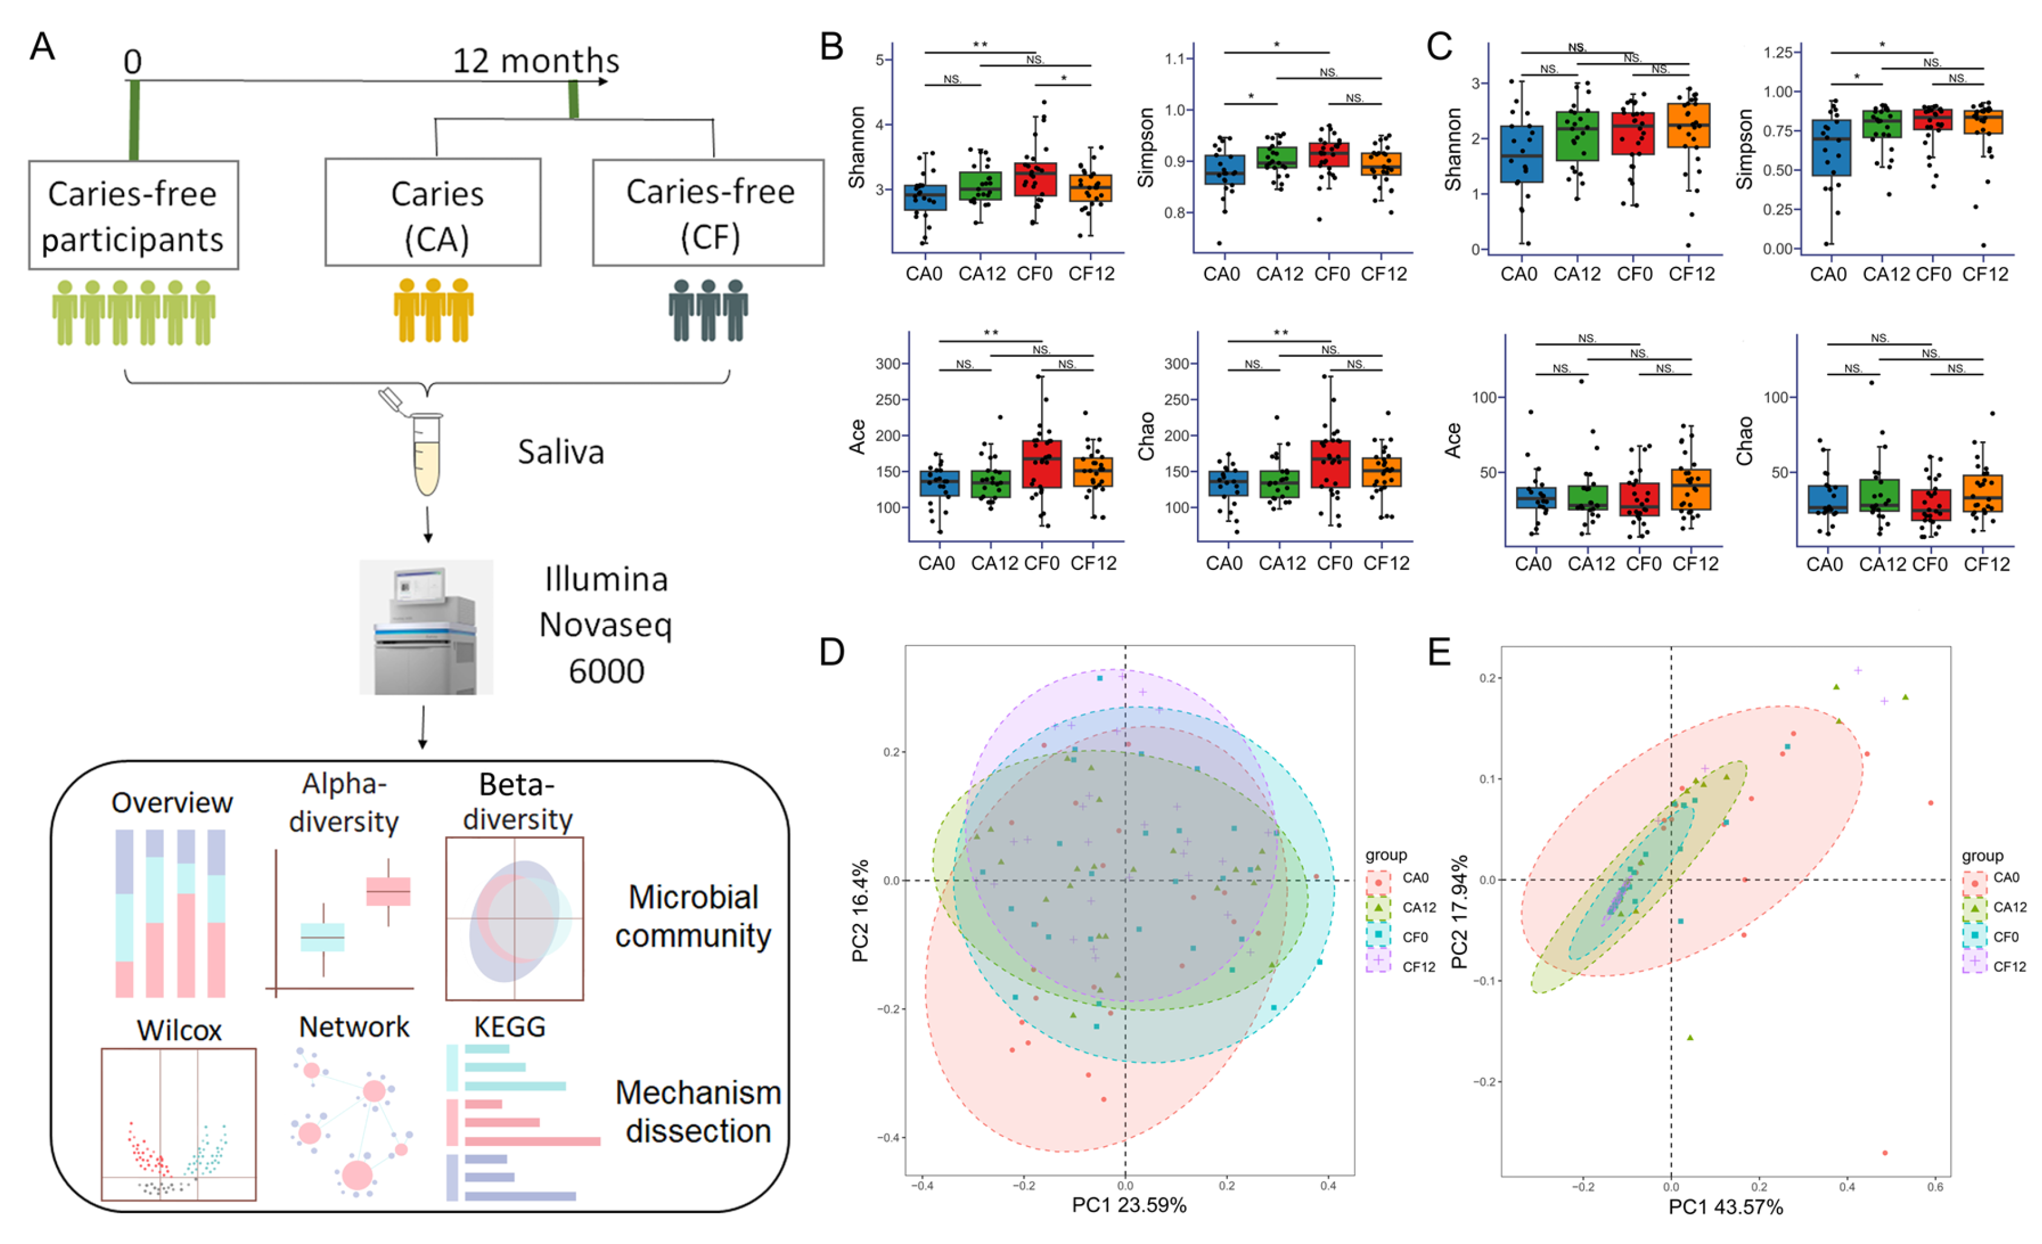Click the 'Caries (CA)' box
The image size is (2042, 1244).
[x=433, y=213]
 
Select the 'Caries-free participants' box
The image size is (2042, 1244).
[x=133, y=215]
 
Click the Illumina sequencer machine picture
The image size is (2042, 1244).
[x=426, y=627]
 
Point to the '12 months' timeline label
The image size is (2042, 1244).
[x=536, y=61]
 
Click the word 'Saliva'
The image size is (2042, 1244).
[x=561, y=453]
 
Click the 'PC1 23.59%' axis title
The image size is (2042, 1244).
[x=1129, y=1205]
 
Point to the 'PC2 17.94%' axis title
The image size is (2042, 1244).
[x=1459, y=912]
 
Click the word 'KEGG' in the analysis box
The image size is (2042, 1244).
[x=509, y=1027]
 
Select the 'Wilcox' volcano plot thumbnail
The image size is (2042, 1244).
[x=178, y=1124]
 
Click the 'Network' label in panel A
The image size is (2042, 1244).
[x=354, y=1027]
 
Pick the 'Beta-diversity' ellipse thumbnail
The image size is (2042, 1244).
[x=514, y=918]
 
